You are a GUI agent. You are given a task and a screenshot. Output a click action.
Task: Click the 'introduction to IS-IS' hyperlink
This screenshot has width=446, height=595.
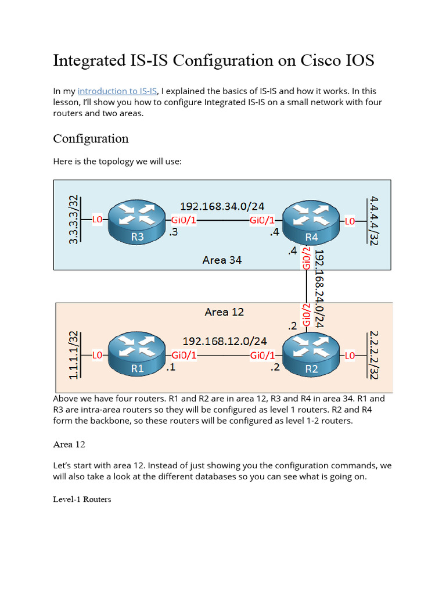[117, 91]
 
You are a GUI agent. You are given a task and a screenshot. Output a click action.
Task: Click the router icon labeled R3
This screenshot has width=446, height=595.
[138, 221]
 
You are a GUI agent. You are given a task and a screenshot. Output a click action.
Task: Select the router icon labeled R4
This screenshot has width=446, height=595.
[312, 221]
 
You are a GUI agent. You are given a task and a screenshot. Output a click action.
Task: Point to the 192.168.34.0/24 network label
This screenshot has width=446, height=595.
[222, 206]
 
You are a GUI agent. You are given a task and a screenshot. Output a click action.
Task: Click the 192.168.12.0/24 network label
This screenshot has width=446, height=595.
[225, 341]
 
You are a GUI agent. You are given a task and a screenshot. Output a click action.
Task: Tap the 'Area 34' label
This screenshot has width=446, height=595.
[222, 260]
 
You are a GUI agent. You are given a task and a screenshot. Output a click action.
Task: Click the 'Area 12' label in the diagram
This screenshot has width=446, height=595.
[224, 312]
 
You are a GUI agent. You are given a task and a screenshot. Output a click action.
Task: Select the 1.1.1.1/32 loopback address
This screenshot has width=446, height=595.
[74, 355]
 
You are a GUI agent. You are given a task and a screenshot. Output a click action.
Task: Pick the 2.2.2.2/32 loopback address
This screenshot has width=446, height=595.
[372, 355]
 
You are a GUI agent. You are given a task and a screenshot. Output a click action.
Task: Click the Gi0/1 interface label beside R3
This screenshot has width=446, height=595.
[183, 220]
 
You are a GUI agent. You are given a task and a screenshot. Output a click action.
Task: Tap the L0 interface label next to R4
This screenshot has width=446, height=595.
[350, 221]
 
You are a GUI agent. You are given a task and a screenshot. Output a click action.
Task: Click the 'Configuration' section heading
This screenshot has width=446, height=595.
[91, 139]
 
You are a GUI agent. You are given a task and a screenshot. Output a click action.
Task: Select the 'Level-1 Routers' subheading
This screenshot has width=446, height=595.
[82, 499]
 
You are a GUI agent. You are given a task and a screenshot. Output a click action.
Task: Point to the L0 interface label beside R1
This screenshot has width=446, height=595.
[98, 354]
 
